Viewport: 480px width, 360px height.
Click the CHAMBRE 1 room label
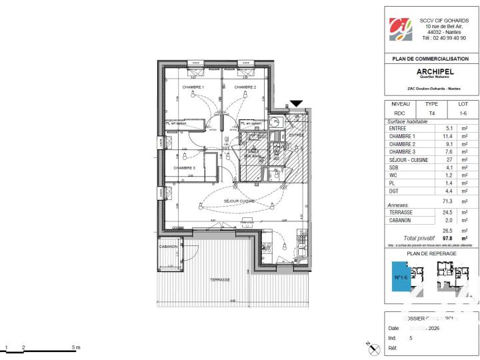coord(194,87)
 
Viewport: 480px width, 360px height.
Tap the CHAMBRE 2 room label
coord(246,87)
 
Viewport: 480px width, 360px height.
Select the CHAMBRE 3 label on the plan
coord(185,168)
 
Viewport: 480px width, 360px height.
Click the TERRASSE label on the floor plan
coord(219,280)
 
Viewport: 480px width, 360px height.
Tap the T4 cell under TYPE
coord(431,113)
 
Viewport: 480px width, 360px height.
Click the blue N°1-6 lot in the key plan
coord(400,275)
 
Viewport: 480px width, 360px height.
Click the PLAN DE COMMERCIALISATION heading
coord(431,59)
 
